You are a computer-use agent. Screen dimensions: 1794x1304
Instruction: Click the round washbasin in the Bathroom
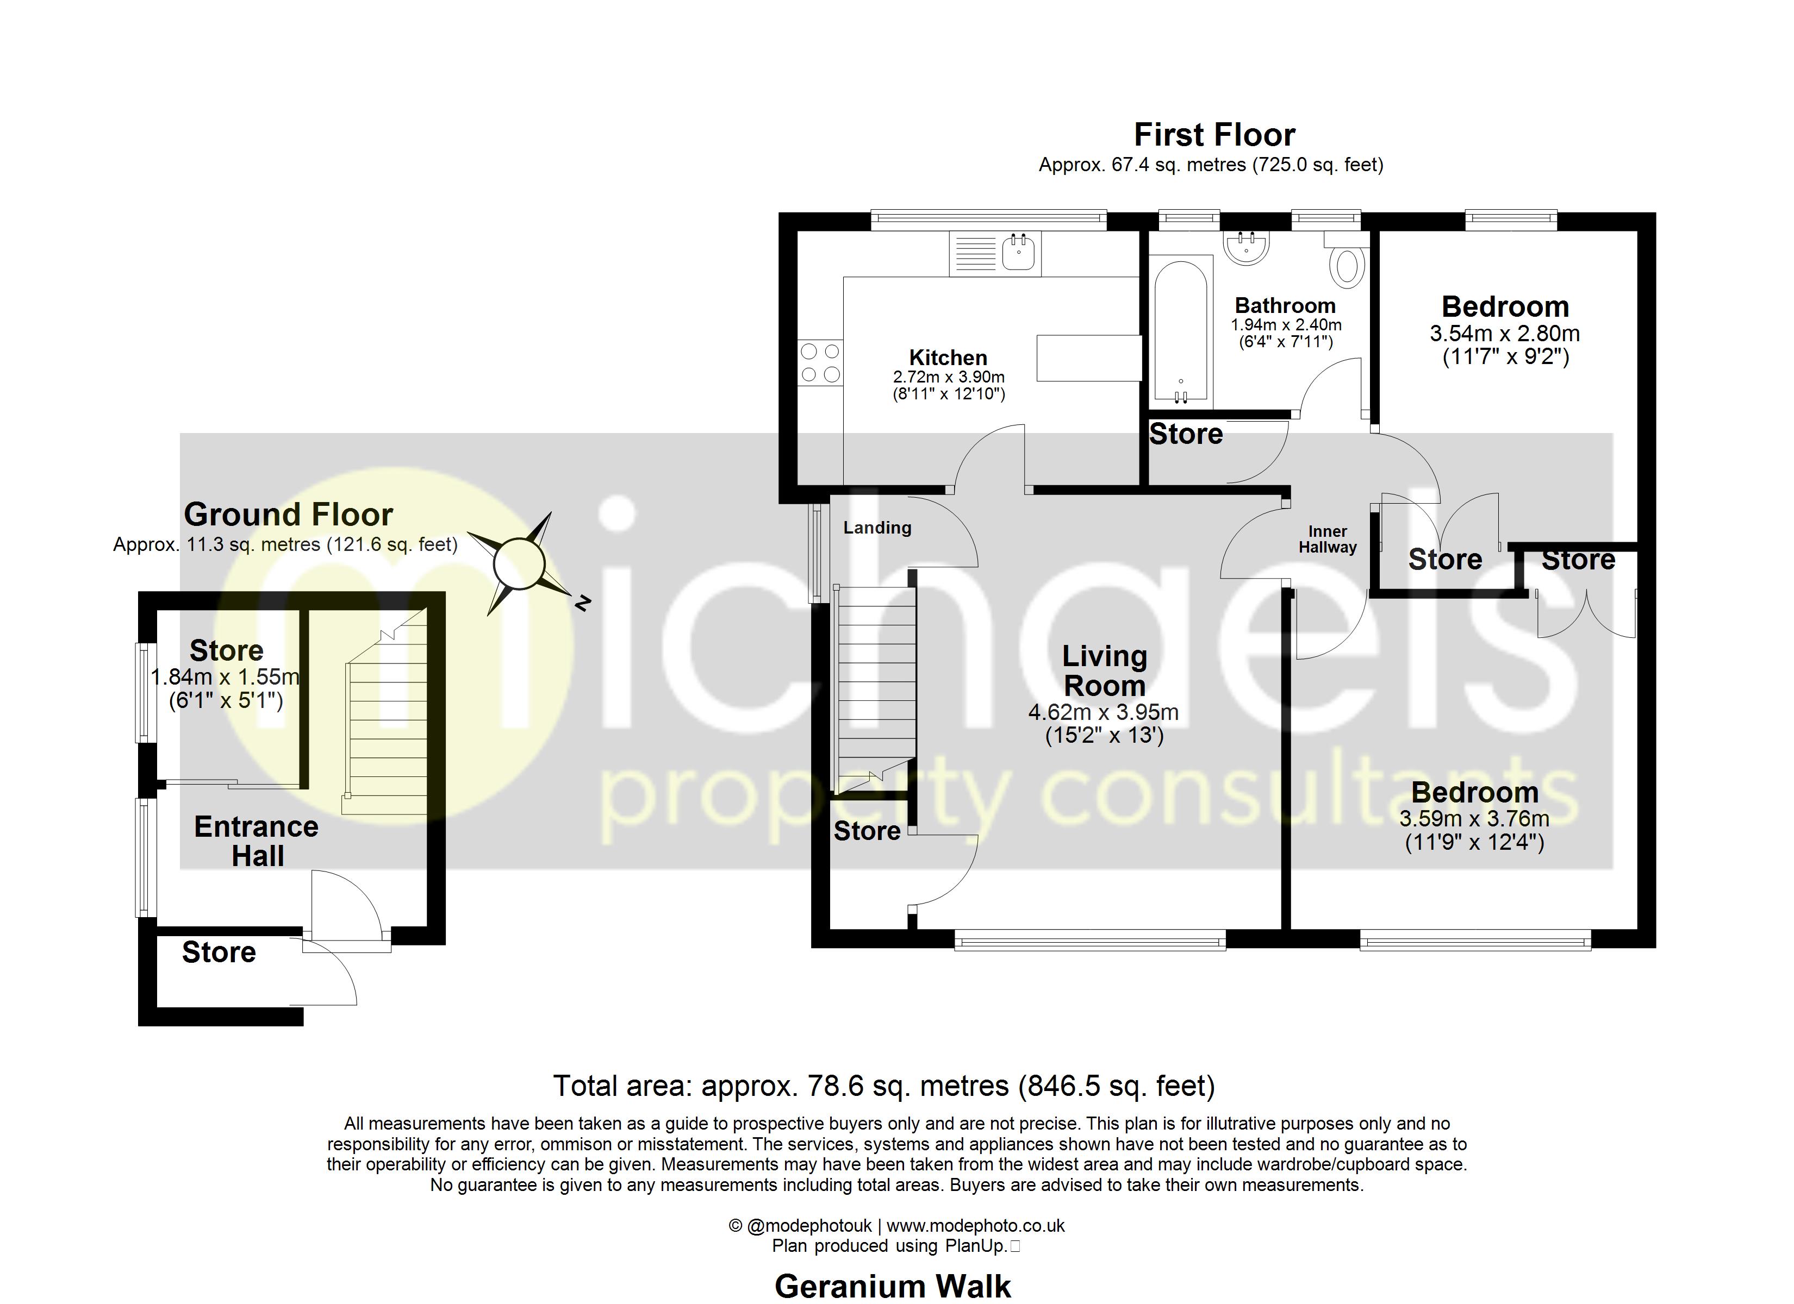tap(1248, 246)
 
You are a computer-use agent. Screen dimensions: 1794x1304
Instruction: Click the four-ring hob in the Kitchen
tap(819, 362)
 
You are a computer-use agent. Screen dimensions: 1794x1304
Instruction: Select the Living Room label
tap(1104, 670)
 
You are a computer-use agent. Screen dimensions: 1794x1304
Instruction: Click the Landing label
tap(877, 528)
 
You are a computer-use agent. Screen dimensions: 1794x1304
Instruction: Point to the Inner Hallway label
tap(1328, 540)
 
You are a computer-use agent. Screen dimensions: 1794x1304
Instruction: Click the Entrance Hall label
tap(257, 842)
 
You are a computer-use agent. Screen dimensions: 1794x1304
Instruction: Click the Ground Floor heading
tap(288, 515)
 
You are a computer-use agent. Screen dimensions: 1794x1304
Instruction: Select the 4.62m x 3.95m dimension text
tap(1104, 712)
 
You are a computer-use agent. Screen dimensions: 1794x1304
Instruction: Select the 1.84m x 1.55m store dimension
tap(226, 677)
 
